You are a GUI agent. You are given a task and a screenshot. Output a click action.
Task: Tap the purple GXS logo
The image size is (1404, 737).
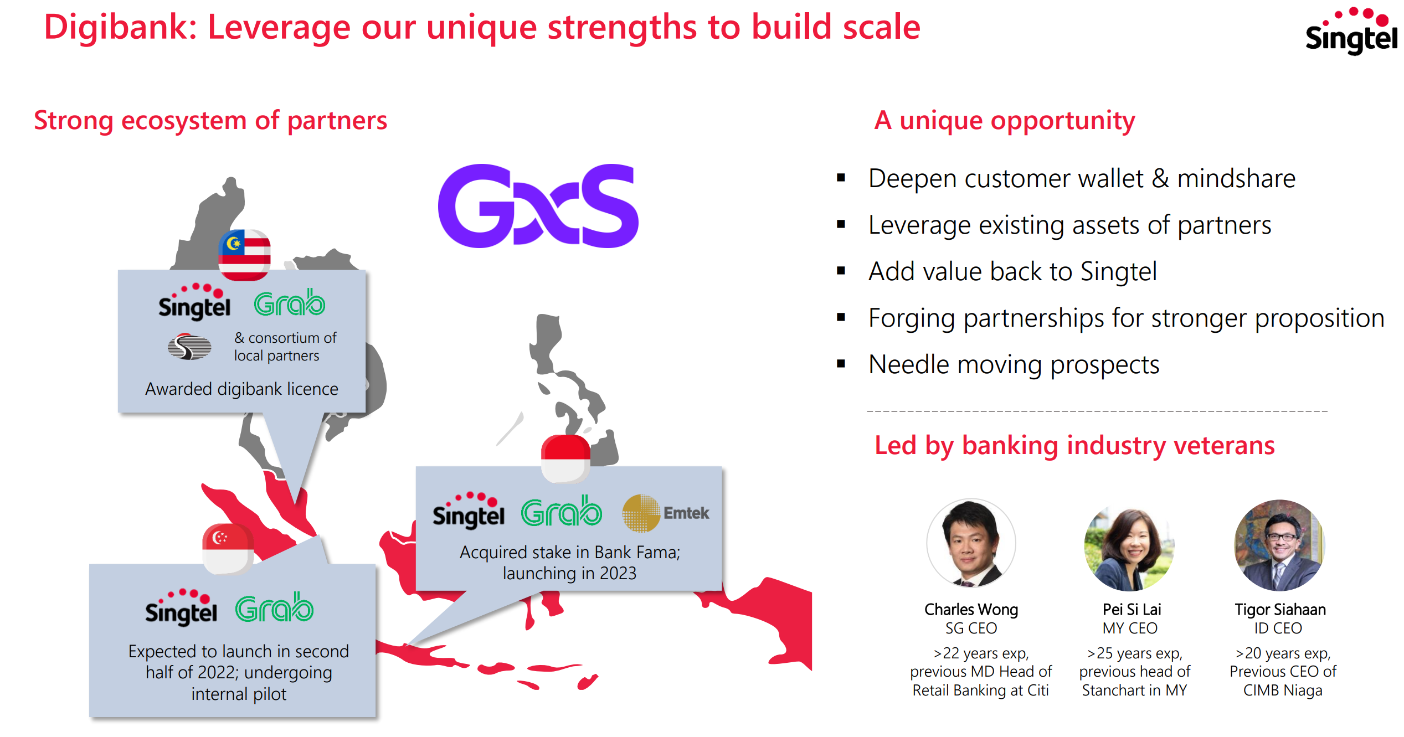pyautogui.click(x=538, y=205)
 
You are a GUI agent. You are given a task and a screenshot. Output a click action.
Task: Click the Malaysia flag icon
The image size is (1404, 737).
pyautogui.click(x=245, y=255)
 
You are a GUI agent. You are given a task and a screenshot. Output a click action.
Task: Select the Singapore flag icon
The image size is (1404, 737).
pyautogui.click(x=228, y=548)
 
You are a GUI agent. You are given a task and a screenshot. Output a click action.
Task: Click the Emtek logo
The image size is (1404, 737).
pyautogui.click(x=666, y=513)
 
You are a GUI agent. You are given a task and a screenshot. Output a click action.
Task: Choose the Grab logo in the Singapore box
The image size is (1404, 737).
pyautogui.click(x=274, y=607)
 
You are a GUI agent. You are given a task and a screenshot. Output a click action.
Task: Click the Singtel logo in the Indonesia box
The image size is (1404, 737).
pyautogui.click(x=469, y=511)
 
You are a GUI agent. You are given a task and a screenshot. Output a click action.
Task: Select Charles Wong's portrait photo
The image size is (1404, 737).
pyautogui.click(x=971, y=543)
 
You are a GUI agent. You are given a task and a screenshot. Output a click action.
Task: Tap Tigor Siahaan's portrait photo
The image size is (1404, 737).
pyautogui.click(x=1280, y=545)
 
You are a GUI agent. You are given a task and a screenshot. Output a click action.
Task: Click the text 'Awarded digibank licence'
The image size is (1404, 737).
pyautogui.click(x=241, y=389)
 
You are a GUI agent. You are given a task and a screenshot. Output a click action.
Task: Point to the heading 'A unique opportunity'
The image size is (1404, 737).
pyautogui.click(x=1005, y=121)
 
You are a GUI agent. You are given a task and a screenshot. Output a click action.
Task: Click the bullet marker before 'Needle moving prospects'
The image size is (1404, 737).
pyautogui.click(x=841, y=364)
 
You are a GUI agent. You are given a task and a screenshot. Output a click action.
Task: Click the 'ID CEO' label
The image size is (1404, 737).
pyautogui.click(x=1278, y=628)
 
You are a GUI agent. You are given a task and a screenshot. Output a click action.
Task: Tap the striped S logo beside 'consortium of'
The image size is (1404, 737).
pyautogui.click(x=189, y=347)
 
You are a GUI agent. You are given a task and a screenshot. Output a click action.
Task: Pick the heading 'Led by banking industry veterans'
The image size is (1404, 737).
pyautogui.click(x=1074, y=446)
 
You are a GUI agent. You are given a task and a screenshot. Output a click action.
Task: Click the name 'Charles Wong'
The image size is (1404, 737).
pyautogui.click(x=971, y=609)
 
